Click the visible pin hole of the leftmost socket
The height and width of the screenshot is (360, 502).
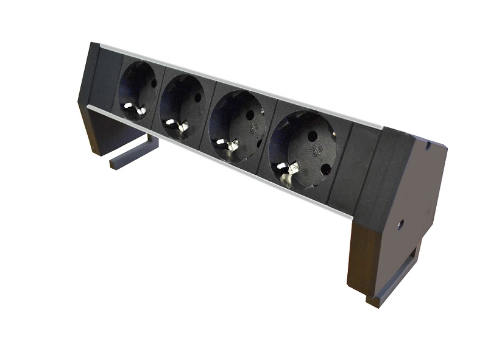coord(154,83)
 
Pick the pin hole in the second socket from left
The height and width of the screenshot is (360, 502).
coord(197,97)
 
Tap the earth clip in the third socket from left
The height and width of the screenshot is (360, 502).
coord(230,145)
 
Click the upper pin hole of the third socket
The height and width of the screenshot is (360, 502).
coord(249,115)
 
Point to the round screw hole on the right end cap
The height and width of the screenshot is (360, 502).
coord(400,224)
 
